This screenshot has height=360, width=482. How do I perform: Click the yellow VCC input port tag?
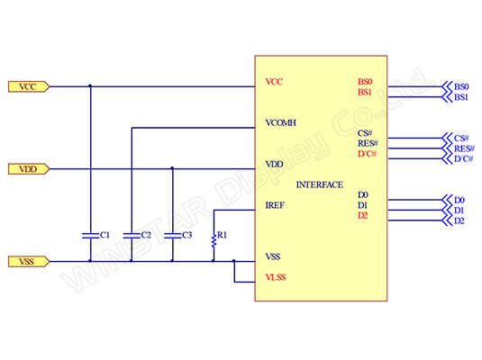[29, 86]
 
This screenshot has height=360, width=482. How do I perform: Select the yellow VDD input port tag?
[29, 169]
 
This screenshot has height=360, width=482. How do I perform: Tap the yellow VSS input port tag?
[29, 261]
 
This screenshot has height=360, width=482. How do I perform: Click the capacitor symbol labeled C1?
[90, 236]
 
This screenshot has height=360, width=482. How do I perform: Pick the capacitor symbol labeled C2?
[132, 236]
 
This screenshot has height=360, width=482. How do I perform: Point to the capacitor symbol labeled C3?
[172, 236]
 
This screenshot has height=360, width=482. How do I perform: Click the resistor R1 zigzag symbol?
[214, 240]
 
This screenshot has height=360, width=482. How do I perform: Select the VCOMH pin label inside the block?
[281, 123]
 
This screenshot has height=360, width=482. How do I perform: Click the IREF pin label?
[275, 205]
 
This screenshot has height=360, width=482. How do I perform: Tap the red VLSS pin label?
[276, 277]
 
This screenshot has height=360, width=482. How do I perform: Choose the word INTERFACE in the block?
[320, 184]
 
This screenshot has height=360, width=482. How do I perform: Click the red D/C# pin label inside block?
[367, 154]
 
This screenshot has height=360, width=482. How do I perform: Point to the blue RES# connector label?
[464, 148]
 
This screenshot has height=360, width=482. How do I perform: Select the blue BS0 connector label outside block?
[461, 86]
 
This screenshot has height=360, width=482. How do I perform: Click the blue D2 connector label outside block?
[459, 220]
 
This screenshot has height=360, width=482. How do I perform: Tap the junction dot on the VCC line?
[90, 86]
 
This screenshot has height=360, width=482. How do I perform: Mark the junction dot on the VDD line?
[172, 168]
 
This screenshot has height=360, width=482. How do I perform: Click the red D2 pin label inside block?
[363, 216]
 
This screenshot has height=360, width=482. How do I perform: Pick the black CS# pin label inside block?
[365, 133]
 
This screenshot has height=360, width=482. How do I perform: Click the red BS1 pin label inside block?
[365, 92]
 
